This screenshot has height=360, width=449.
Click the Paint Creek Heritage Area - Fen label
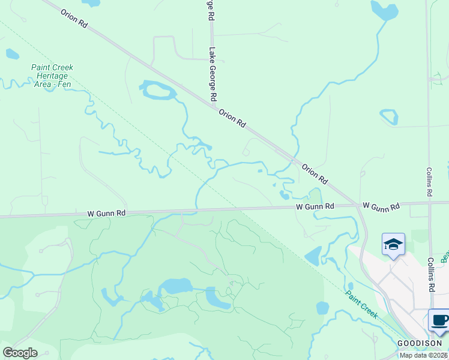point(53,76)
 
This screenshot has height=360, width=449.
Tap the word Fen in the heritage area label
point(65,85)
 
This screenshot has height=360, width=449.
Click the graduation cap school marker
point(393,244)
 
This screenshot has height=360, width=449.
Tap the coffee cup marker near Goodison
point(439,320)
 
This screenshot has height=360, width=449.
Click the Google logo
point(20,353)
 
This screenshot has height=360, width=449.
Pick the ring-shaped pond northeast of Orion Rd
point(389,117)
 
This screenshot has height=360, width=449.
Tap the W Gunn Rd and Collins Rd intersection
point(430,203)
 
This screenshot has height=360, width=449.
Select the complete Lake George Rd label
point(212,74)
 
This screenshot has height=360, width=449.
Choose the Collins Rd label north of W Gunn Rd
point(429,182)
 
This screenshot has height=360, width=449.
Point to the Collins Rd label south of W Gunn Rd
point(430,275)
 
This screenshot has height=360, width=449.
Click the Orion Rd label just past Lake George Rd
point(232,118)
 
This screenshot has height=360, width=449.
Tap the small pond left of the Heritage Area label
point(12,54)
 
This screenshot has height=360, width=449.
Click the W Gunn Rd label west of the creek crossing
point(106,213)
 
